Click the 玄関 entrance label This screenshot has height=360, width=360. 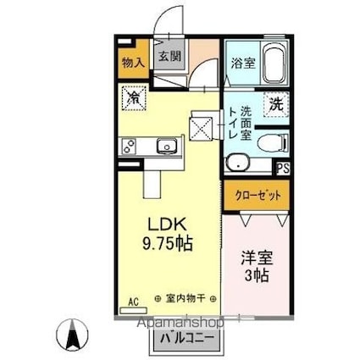coord(169,57)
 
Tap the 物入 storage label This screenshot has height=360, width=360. coord(132,63)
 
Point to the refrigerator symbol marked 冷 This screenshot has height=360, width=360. coord(134,98)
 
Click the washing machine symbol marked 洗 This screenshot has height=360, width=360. coord(276,105)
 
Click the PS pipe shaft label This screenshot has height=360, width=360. coord(283,168)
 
